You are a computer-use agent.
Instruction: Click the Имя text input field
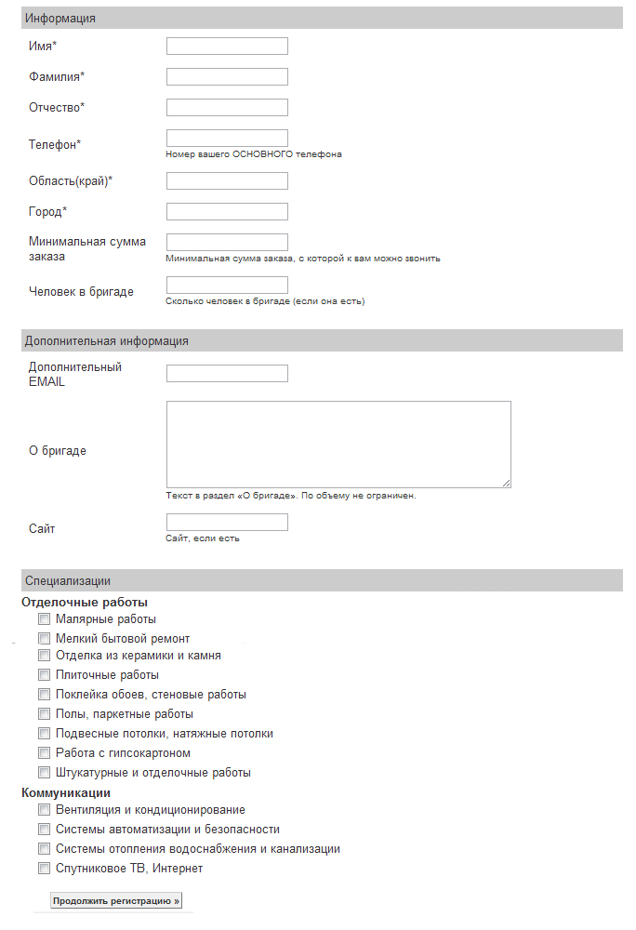[x=227, y=46]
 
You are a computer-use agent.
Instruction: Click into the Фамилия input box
[x=227, y=76]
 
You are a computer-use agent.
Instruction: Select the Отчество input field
[x=227, y=107]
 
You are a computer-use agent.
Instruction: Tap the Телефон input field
[x=227, y=138]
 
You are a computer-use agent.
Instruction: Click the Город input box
[x=227, y=211]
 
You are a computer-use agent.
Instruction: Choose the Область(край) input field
[x=227, y=180]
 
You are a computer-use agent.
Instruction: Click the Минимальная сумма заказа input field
[x=227, y=242]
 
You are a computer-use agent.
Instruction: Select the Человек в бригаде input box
[x=227, y=285]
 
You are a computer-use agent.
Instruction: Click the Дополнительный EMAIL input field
[x=227, y=373]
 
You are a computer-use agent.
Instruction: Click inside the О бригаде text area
[x=338, y=444]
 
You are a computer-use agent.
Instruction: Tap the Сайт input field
[x=227, y=522]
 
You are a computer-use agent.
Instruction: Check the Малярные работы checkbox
[x=44, y=618]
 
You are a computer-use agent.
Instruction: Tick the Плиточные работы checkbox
[x=44, y=675]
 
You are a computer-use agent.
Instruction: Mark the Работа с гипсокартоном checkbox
[x=44, y=752]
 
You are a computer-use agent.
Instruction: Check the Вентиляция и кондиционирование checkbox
[x=44, y=810]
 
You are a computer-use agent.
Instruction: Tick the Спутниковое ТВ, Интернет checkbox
[x=44, y=869]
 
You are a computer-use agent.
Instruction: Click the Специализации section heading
[x=68, y=581]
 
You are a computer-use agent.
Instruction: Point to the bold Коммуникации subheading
[x=66, y=792]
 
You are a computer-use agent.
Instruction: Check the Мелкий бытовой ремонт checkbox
[x=44, y=638]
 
